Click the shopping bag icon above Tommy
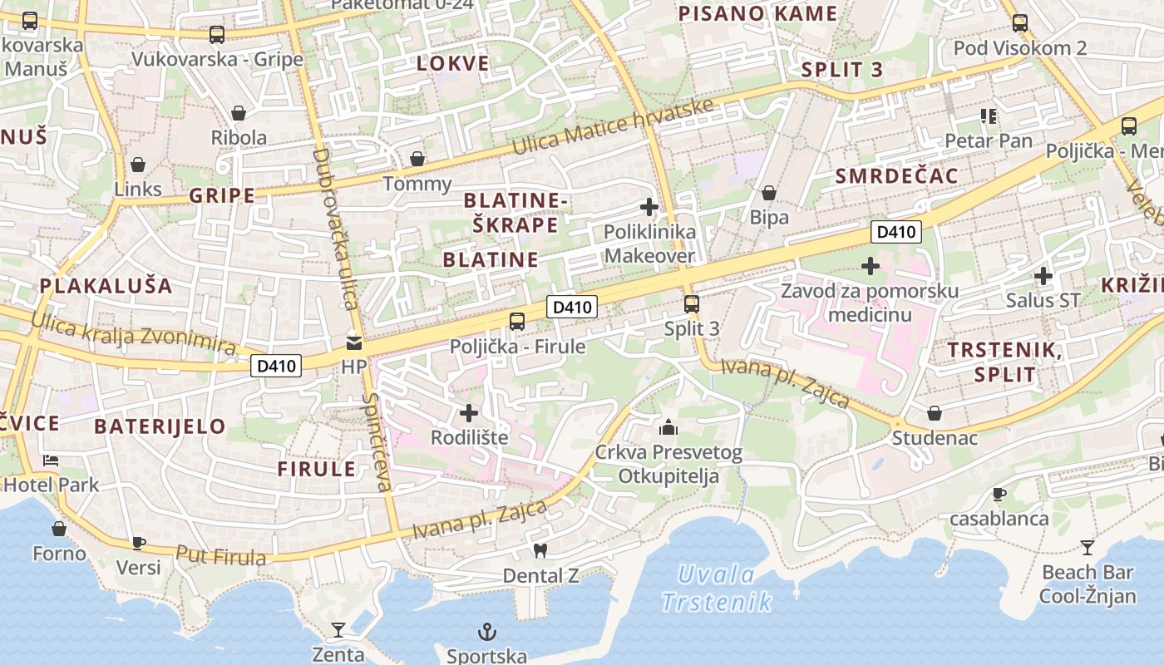(417, 159)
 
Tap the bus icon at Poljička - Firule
(517, 321)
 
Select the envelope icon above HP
(354, 342)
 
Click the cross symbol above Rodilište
(469, 412)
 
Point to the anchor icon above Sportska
(486, 632)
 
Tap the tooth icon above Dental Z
(540, 550)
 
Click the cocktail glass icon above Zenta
(338, 629)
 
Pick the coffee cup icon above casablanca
(999, 494)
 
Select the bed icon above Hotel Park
(51, 460)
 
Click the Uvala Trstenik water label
(717, 588)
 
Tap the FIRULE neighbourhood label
(317, 469)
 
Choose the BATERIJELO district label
(160, 426)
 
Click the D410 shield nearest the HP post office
(276, 365)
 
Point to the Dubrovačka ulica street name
(336, 229)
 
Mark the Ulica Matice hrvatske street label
(614, 126)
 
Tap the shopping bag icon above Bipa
(769, 194)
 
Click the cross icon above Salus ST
(1043, 275)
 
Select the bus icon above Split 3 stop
(691, 303)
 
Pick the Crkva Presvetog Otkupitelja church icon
(668, 428)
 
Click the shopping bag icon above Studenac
(935, 413)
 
